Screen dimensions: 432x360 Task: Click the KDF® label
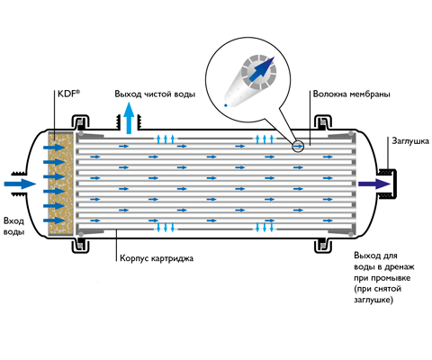tap(68, 94)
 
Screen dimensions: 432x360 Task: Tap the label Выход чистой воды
tap(155, 94)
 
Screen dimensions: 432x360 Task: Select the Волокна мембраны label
tap(351, 94)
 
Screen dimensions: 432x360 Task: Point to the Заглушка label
tap(410, 141)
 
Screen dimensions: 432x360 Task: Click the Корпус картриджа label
tap(157, 258)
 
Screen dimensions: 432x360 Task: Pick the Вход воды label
tap(13, 227)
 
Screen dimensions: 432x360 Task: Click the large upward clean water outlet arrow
tap(129, 118)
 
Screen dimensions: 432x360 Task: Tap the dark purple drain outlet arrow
tap(374, 184)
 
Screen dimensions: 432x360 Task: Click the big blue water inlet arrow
tap(20, 184)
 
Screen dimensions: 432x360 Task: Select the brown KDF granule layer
tap(61, 184)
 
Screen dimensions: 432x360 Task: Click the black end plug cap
tap(390, 184)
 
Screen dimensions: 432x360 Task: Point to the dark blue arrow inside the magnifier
tap(262, 69)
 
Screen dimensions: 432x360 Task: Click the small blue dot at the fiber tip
tap(226, 105)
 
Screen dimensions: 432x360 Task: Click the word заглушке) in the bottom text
tap(373, 300)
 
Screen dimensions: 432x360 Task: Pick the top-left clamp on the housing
tap(80, 121)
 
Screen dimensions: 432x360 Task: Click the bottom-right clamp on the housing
tap(323, 246)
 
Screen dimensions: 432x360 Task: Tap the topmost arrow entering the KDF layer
tap(54, 148)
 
